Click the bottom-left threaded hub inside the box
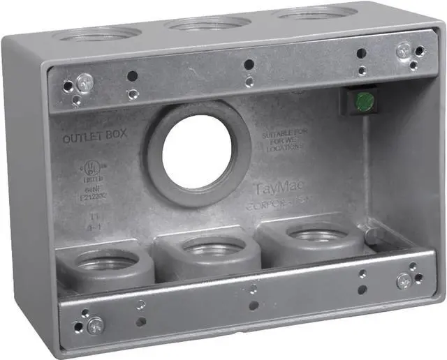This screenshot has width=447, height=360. [x=107, y=262]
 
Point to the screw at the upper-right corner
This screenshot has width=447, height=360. [x=404, y=50]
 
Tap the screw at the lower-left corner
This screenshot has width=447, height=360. [x=96, y=324]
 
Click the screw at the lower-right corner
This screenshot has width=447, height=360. [x=403, y=280]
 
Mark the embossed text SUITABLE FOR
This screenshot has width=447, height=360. [x=285, y=133]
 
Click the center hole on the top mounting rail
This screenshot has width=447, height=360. [x=249, y=65]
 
